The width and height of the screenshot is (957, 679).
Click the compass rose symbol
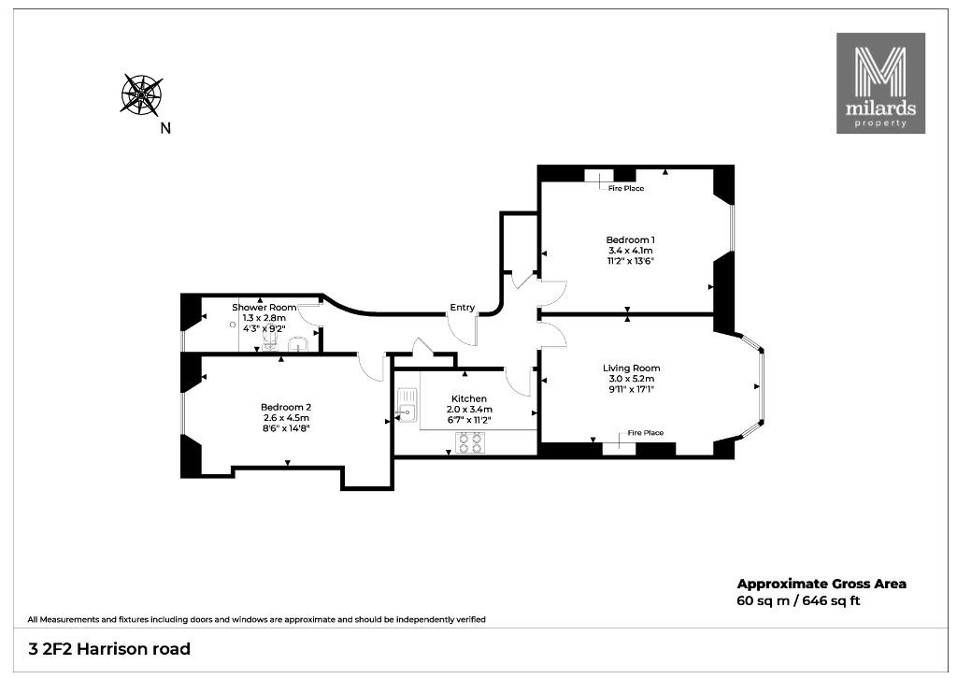click(x=141, y=94)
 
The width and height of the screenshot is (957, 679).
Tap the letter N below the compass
click(x=165, y=128)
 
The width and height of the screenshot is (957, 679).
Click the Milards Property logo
click(x=880, y=83)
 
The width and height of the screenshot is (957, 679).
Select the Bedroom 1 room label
click(x=631, y=240)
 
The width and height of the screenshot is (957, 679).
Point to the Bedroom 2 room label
click(x=286, y=407)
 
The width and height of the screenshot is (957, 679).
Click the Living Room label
click(x=631, y=368)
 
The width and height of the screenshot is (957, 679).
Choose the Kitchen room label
click(x=469, y=398)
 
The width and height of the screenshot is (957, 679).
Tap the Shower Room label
click(x=264, y=308)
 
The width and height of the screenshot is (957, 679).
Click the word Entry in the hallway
click(x=462, y=307)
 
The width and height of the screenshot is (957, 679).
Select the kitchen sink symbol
click(x=407, y=406)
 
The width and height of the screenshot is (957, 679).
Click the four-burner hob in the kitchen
click(x=469, y=442)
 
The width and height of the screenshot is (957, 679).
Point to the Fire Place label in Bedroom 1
click(x=625, y=189)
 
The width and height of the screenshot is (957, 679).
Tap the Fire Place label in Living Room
click(x=645, y=433)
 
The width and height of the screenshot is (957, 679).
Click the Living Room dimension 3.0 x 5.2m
click(x=631, y=379)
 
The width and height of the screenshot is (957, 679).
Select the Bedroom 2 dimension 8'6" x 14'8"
click(x=286, y=428)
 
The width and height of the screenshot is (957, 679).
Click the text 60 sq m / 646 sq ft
click(x=798, y=600)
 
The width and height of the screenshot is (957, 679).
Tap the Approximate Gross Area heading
click(x=821, y=584)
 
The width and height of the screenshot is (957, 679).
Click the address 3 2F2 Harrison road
click(x=110, y=648)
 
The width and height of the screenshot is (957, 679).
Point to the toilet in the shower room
click(x=269, y=339)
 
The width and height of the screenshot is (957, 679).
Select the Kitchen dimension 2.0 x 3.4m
click(x=469, y=409)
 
